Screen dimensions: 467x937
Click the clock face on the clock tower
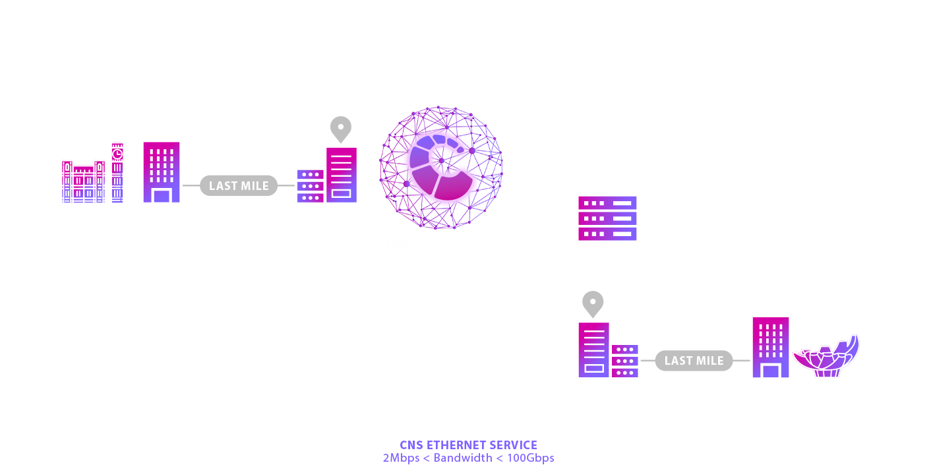(x=117, y=153)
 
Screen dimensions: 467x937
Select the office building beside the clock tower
(x=162, y=171)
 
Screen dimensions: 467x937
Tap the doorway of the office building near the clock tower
(x=162, y=195)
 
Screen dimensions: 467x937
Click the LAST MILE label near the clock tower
(x=239, y=186)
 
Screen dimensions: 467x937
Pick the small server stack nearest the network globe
(x=310, y=186)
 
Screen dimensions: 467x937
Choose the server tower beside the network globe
(x=341, y=174)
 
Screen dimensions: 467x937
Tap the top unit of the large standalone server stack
(x=607, y=202)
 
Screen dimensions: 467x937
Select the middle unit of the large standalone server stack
(x=607, y=218)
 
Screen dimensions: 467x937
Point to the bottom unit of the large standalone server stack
(x=607, y=233)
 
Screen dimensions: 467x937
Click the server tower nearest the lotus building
(x=594, y=350)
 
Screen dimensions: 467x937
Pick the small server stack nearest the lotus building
(x=625, y=361)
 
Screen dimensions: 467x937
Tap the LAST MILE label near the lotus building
(x=694, y=361)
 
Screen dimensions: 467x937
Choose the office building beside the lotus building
(x=771, y=348)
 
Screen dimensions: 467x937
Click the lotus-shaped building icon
(x=826, y=357)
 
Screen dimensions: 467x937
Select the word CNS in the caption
(x=411, y=445)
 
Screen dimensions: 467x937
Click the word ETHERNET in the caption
(x=459, y=445)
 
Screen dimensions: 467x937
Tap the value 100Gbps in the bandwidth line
(x=531, y=458)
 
